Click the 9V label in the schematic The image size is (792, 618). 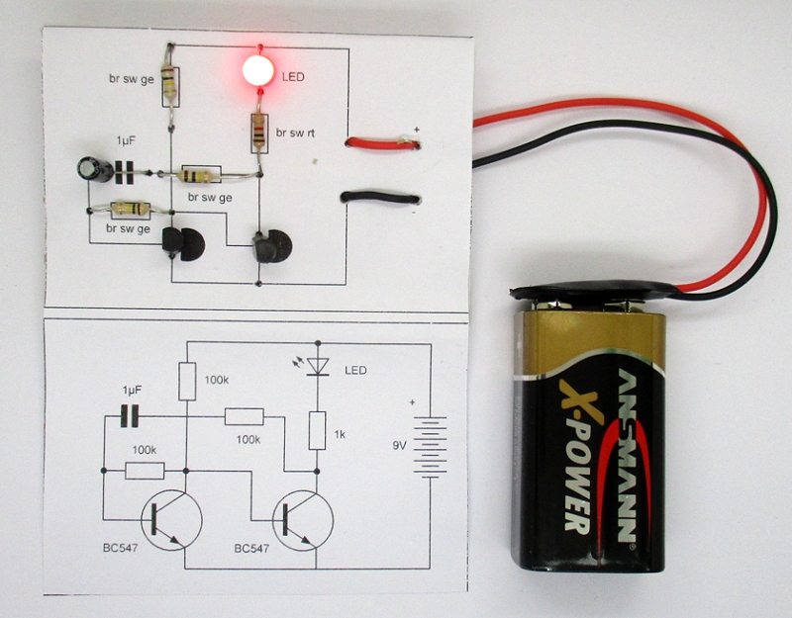coord(401,446)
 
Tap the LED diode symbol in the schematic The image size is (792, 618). coord(317,367)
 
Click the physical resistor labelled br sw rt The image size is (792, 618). coord(258,132)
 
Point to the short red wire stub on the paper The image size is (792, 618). coord(381,144)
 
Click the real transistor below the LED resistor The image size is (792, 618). coord(269,246)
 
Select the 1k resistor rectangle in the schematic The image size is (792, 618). coord(317,431)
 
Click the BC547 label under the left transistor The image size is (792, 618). coord(118,548)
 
